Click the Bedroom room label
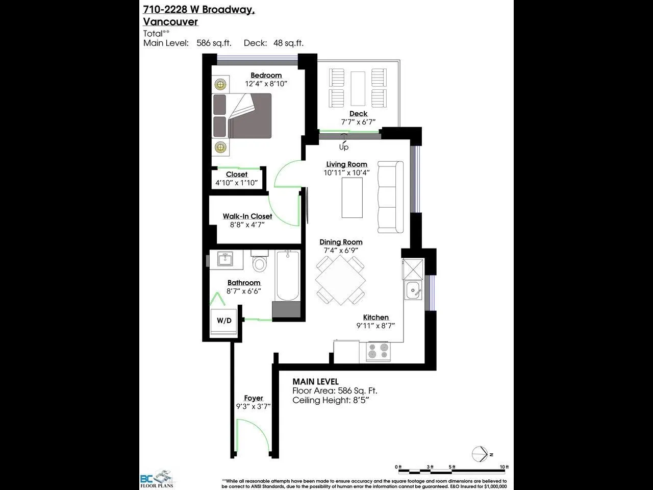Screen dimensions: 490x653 click(266, 75)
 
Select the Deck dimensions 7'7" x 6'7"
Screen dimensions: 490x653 click(358, 122)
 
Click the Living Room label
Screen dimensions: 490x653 click(346, 164)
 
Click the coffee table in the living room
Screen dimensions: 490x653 click(352, 197)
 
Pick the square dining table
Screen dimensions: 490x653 click(340, 280)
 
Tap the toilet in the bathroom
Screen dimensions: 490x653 click(260, 262)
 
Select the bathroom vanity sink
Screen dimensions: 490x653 click(224, 259)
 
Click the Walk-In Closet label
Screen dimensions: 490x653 click(247, 216)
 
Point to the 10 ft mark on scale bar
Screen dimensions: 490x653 click(505, 467)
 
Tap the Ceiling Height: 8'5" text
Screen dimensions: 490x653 click(330, 400)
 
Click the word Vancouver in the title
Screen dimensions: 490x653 click(170, 21)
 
